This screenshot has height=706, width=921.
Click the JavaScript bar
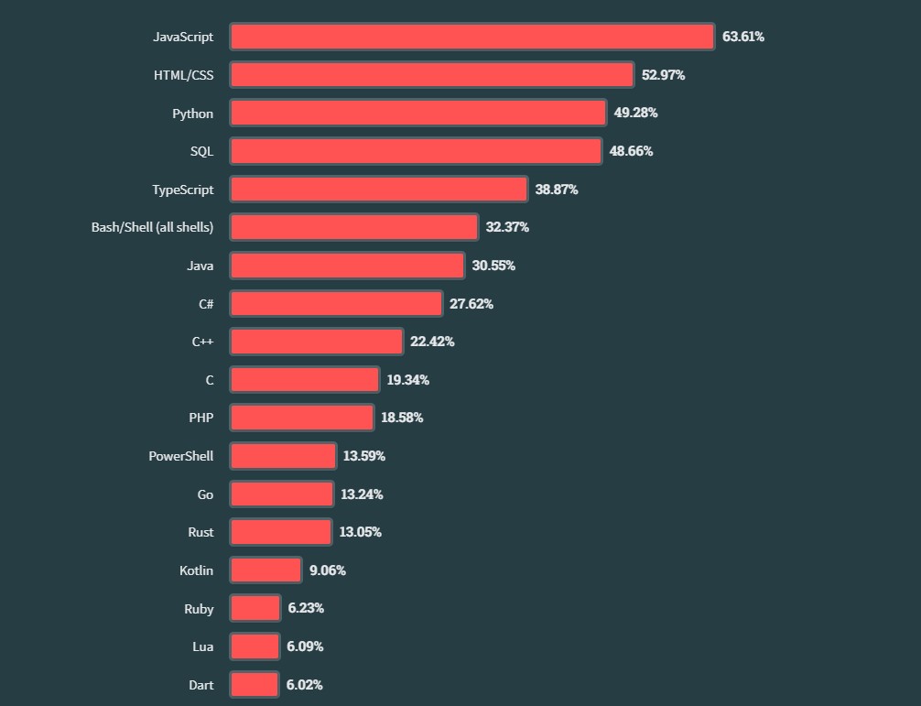(471, 37)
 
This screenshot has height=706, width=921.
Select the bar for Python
(417, 113)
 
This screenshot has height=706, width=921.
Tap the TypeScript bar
(378, 190)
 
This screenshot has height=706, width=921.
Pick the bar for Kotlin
(265, 570)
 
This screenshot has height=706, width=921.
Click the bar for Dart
(254, 684)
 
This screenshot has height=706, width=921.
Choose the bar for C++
(316, 342)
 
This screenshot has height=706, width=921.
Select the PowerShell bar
(283, 456)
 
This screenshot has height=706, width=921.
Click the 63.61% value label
(742, 37)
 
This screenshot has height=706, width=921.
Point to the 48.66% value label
(631, 151)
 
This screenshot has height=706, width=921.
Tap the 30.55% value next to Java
(493, 266)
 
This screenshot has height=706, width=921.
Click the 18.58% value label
(402, 418)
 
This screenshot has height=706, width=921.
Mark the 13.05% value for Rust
(360, 532)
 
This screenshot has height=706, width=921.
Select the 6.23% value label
(305, 608)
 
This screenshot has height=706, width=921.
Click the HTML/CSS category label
(183, 75)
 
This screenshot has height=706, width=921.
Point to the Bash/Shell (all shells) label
(152, 227)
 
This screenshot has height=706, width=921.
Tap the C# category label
(206, 304)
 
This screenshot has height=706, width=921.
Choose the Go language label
(205, 494)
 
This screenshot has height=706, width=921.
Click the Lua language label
(202, 646)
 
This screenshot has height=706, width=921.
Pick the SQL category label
(201, 151)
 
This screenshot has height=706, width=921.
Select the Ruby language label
(199, 608)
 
